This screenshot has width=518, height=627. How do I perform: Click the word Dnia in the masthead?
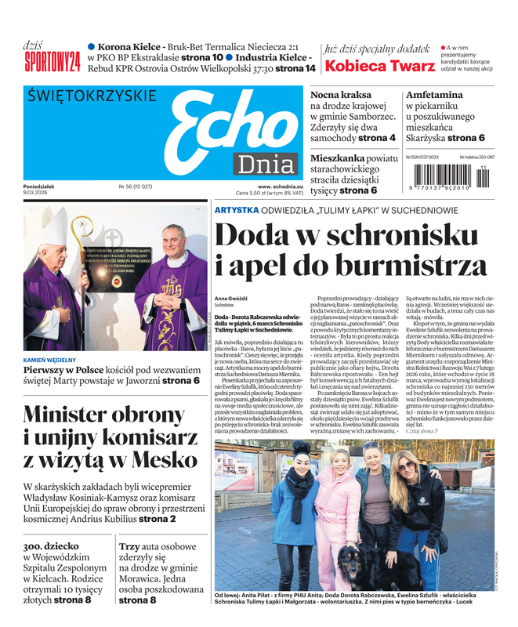pyautogui.click(x=266, y=164)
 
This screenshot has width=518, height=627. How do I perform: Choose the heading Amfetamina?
pyautogui.click(x=434, y=95)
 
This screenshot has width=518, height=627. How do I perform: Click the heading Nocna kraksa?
pyautogui.click(x=342, y=95)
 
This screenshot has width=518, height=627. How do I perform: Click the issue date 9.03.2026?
pyautogui.click(x=37, y=194)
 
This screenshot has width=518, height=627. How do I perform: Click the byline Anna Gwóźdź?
pyautogui.click(x=230, y=299)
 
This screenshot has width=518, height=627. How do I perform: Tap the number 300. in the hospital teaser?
pyautogui.click(x=38, y=548)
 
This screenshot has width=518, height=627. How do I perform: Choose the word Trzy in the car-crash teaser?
pyautogui.click(x=130, y=548)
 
